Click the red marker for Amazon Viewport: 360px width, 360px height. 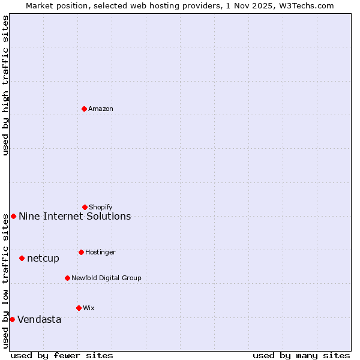click(84, 109)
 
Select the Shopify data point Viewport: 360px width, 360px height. click(85, 207)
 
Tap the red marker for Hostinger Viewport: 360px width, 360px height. click(81, 252)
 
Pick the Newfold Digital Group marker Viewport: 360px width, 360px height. click(67, 278)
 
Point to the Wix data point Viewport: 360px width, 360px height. click(79, 308)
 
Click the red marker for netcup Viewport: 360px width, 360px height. click(22, 258)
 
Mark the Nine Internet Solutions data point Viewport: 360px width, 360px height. click(13, 216)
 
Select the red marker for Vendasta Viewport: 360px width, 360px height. click(12, 319)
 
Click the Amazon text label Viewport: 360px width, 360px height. click(101, 109)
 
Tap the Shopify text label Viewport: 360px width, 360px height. click(101, 207)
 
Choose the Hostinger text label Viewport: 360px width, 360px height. click(100, 252)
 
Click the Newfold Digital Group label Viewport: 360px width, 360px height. click(106, 278)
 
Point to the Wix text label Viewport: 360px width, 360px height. click(89, 308)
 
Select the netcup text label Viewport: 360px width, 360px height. click(43, 259)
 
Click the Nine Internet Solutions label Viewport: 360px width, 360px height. click(74, 217)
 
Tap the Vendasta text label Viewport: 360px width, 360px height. click(39, 320)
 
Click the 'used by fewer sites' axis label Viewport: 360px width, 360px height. click(62, 355)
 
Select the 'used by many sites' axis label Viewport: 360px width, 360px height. click(301, 355)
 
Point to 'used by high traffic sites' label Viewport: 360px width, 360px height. click(5, 86)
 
